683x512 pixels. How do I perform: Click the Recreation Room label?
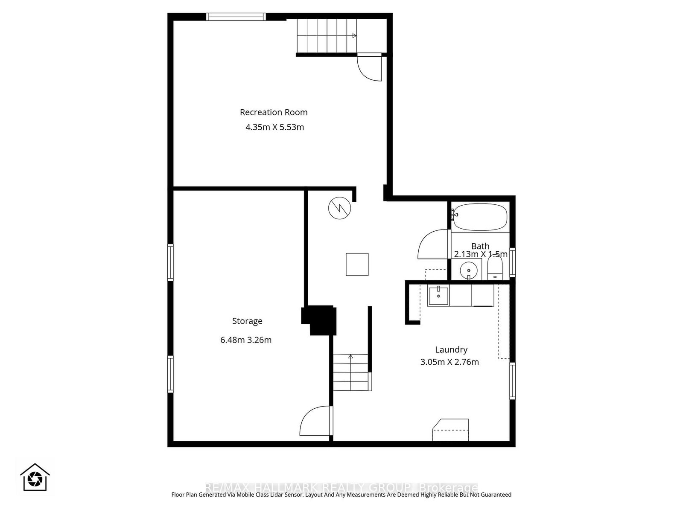point(274,112)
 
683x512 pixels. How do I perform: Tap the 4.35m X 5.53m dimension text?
point(274,127)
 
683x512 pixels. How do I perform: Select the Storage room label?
point(247,321)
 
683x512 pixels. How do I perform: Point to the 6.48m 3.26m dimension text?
point(246,340)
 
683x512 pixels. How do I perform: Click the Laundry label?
point(451,349)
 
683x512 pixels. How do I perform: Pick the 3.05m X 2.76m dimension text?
point(449,362)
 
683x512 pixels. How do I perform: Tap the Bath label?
point(480,246)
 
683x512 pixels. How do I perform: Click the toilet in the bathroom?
point(495,270)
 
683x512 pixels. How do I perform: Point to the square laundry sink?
point(438,296)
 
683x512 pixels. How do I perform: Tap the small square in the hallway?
point(357,264)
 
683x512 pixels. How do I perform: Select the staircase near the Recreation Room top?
point(327,36)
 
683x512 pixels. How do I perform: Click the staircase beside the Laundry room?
point(351,372)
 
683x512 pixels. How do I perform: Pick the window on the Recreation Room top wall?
point(236,17)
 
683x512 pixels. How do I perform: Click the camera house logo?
point(35,477)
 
